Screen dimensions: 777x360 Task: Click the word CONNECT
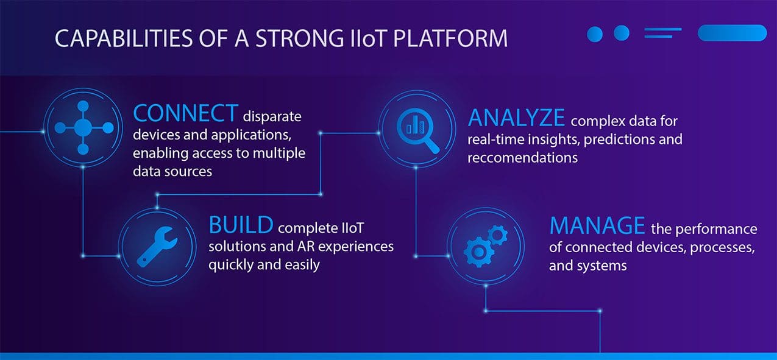point(186,113)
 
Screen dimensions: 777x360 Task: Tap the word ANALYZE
point(516,118)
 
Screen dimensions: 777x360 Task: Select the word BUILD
point(241,225)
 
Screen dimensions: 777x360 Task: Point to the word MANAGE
point(597,226)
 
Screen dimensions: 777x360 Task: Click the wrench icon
point(157,247)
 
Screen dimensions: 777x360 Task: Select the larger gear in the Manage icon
point(478,252)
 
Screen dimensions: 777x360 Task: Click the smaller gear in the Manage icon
point(498,235)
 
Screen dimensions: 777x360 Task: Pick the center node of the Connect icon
point(83,128)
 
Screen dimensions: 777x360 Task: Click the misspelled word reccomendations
point(522,158)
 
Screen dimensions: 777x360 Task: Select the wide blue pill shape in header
point(733,33)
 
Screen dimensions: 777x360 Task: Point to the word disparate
point(272,117)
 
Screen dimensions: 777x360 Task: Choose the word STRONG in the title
point(300,38)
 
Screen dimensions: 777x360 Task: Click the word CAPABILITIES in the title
point(124,38)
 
